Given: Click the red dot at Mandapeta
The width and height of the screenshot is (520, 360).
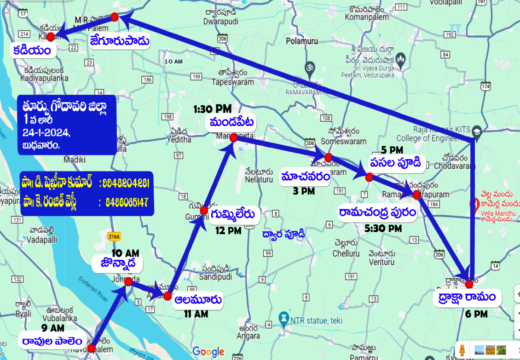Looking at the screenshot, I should [x=233, y=137].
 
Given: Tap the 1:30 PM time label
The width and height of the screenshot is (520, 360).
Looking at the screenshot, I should [x=212, y=109].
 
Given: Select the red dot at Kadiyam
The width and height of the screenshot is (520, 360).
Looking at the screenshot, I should [x=51, y=36].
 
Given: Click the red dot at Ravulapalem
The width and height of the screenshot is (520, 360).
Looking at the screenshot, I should [x=92, y=349].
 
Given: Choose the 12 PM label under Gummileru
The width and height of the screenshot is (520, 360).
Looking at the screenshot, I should [x=228, y=231].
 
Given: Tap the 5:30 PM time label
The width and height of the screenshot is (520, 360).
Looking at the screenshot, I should [x=383, y=228].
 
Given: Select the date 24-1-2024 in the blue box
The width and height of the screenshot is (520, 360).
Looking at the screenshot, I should [x=46, y=132].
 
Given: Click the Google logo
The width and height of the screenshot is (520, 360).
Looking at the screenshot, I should [x=208, y=352].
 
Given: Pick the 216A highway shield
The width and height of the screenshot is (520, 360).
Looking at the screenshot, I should [x=114, y=236].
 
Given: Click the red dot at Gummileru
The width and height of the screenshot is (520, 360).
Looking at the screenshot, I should [x=204, y=210].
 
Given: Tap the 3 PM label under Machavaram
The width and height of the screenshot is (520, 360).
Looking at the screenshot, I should [x=304, y=191].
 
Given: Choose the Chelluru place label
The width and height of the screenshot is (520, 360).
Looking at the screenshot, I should [x=346, y=253].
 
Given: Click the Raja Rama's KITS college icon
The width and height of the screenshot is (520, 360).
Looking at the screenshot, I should [x=476, y=130].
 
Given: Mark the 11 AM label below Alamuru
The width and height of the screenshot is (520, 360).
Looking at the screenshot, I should [x=196, y=314].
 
